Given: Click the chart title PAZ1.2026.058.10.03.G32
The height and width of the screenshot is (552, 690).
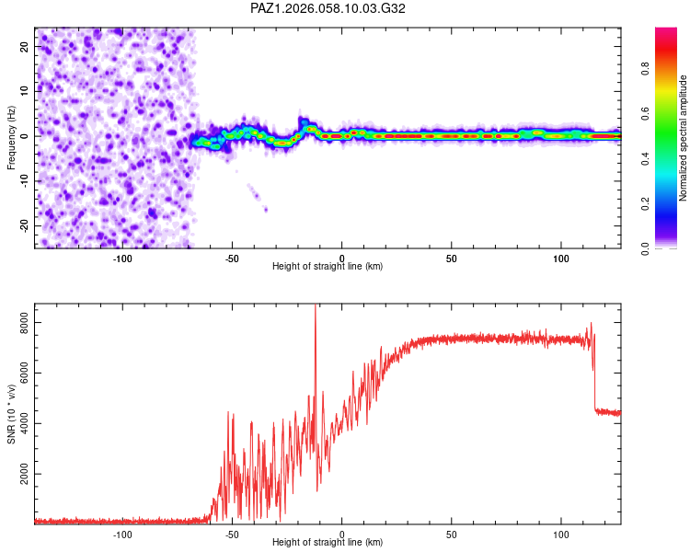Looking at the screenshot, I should (x=328, y=8).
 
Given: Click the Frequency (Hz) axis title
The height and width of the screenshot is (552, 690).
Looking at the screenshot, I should (x=11, y=136).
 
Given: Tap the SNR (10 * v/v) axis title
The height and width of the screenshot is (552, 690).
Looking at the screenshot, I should (x=11, y=413).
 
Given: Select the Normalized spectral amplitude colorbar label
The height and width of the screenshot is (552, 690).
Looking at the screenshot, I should (x=683, y=138).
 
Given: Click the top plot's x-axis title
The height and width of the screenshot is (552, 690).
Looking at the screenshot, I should (x=328, y=266).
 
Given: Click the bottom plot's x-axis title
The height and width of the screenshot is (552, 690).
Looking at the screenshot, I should (x=328, y=543).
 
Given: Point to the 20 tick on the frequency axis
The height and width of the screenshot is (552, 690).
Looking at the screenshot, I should (x=26, y=45).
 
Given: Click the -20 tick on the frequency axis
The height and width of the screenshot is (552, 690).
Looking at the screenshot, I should (x=24, y=225).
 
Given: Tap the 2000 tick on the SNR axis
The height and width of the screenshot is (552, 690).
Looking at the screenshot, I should (x=20, y=475).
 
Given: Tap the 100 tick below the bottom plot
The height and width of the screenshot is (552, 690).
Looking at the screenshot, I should (x=561, y=534).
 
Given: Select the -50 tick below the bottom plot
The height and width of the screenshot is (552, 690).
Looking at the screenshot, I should (x=232, y=534).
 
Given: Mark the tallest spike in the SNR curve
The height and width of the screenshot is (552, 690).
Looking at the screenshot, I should (x=316, y=307).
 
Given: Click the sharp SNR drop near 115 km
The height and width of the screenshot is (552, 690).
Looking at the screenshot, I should (x=594, y=386).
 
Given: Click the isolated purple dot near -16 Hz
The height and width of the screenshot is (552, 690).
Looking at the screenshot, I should (x=266, y=210).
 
